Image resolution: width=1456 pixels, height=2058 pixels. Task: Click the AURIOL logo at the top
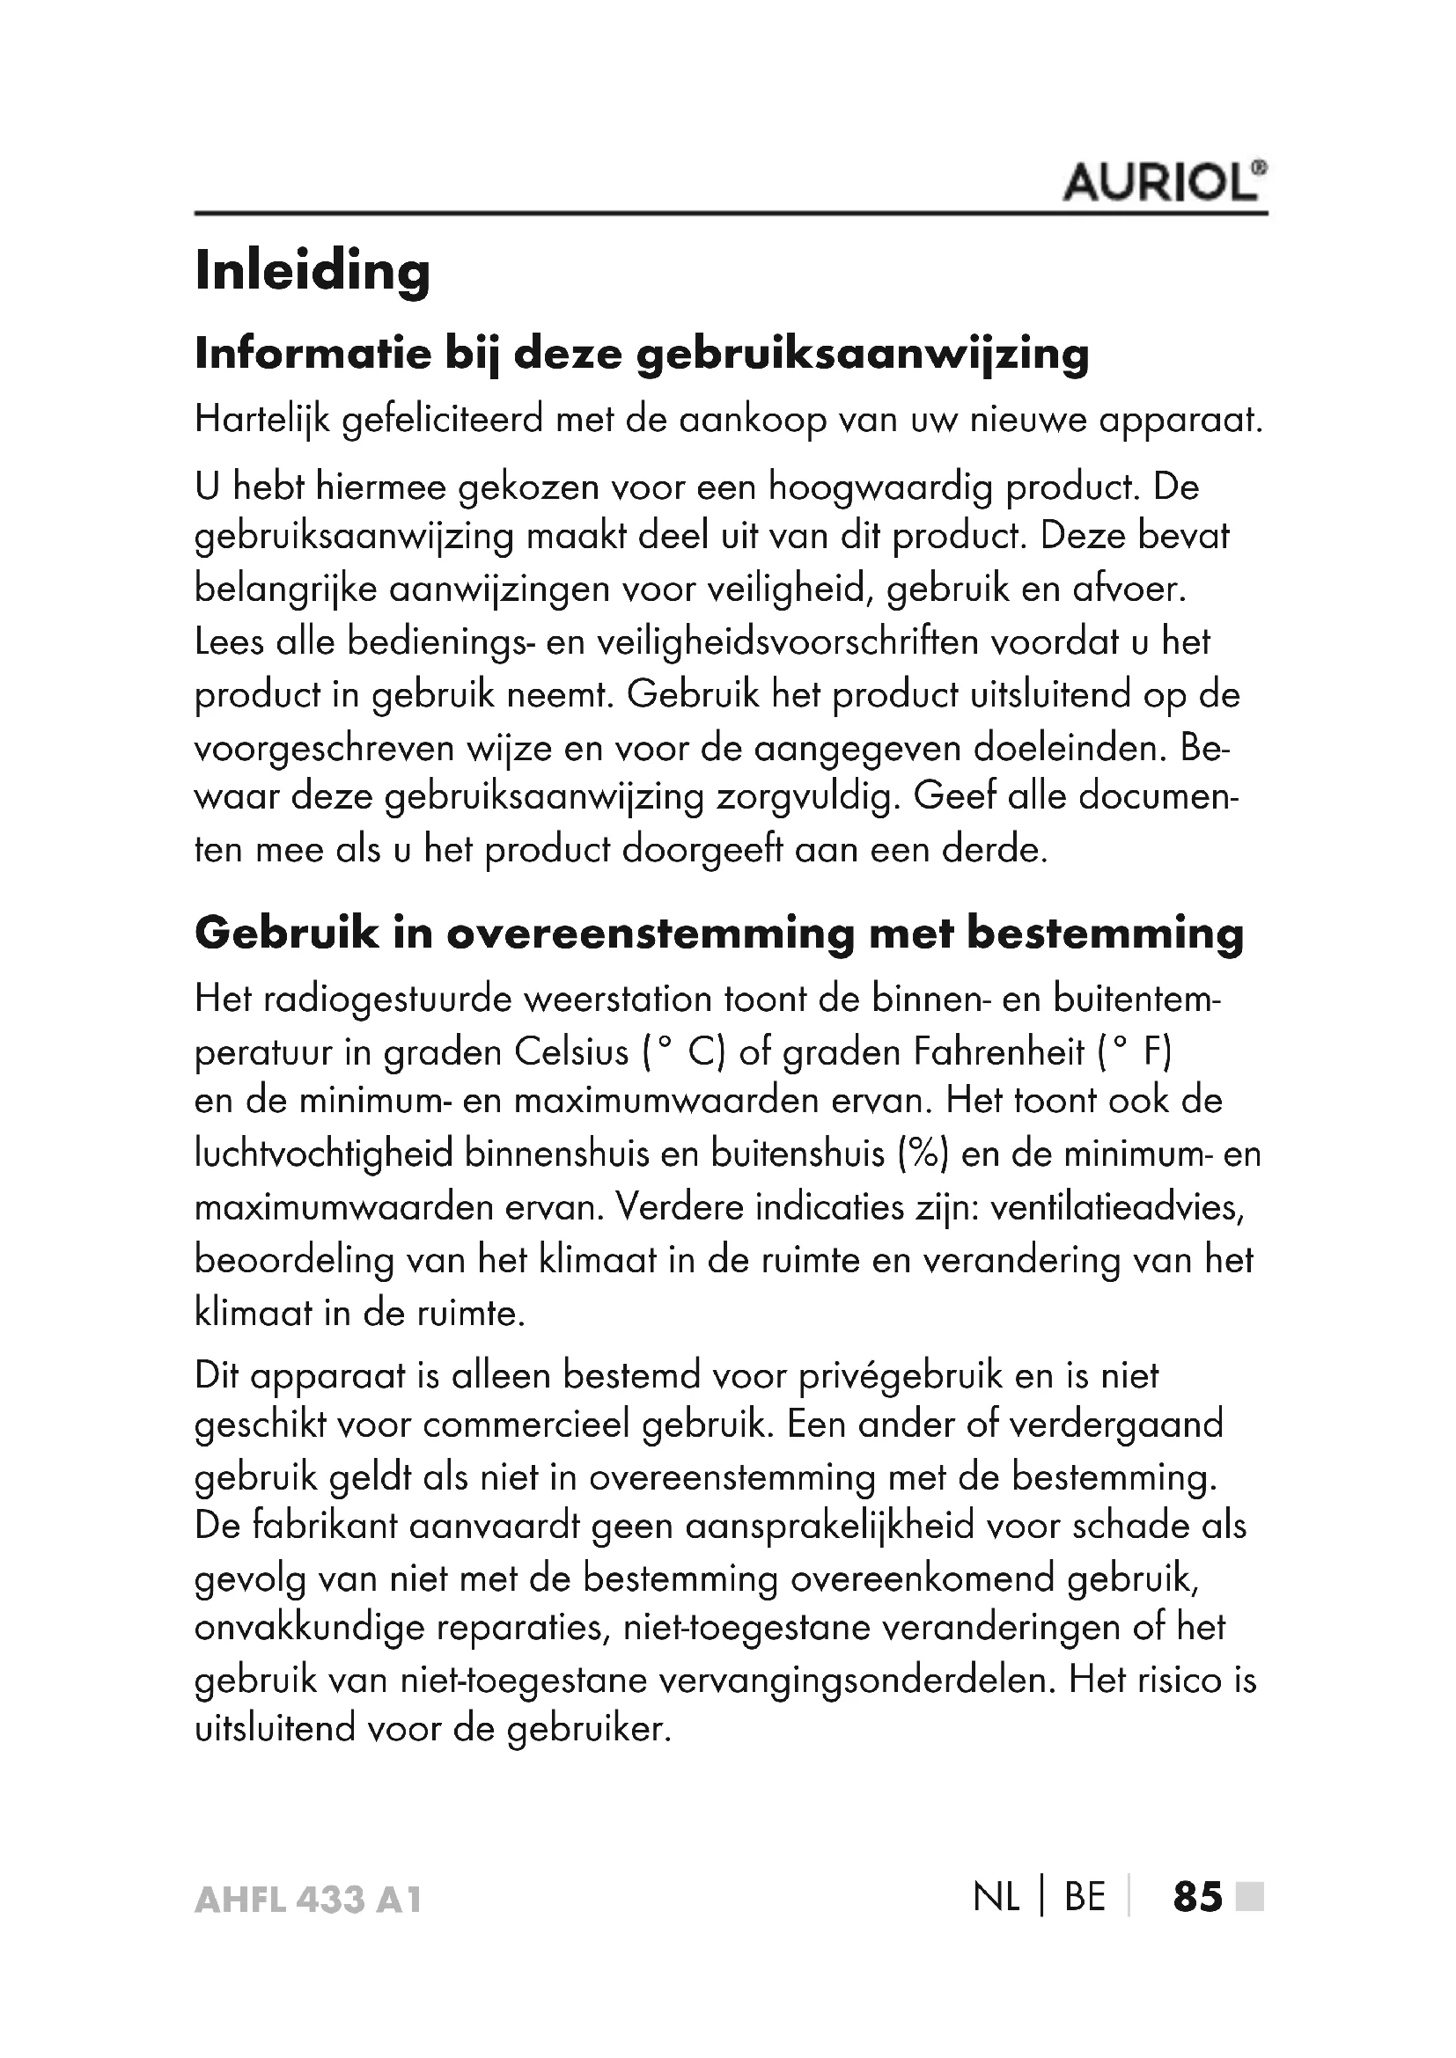point(1164,183)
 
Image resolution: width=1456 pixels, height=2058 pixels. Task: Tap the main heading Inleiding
point(312,271)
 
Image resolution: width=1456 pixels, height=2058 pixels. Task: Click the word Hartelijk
point(262,421)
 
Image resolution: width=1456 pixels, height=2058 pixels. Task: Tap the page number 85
point(1197,1898)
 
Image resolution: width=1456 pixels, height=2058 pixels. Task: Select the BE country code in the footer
point(1085,1898)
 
